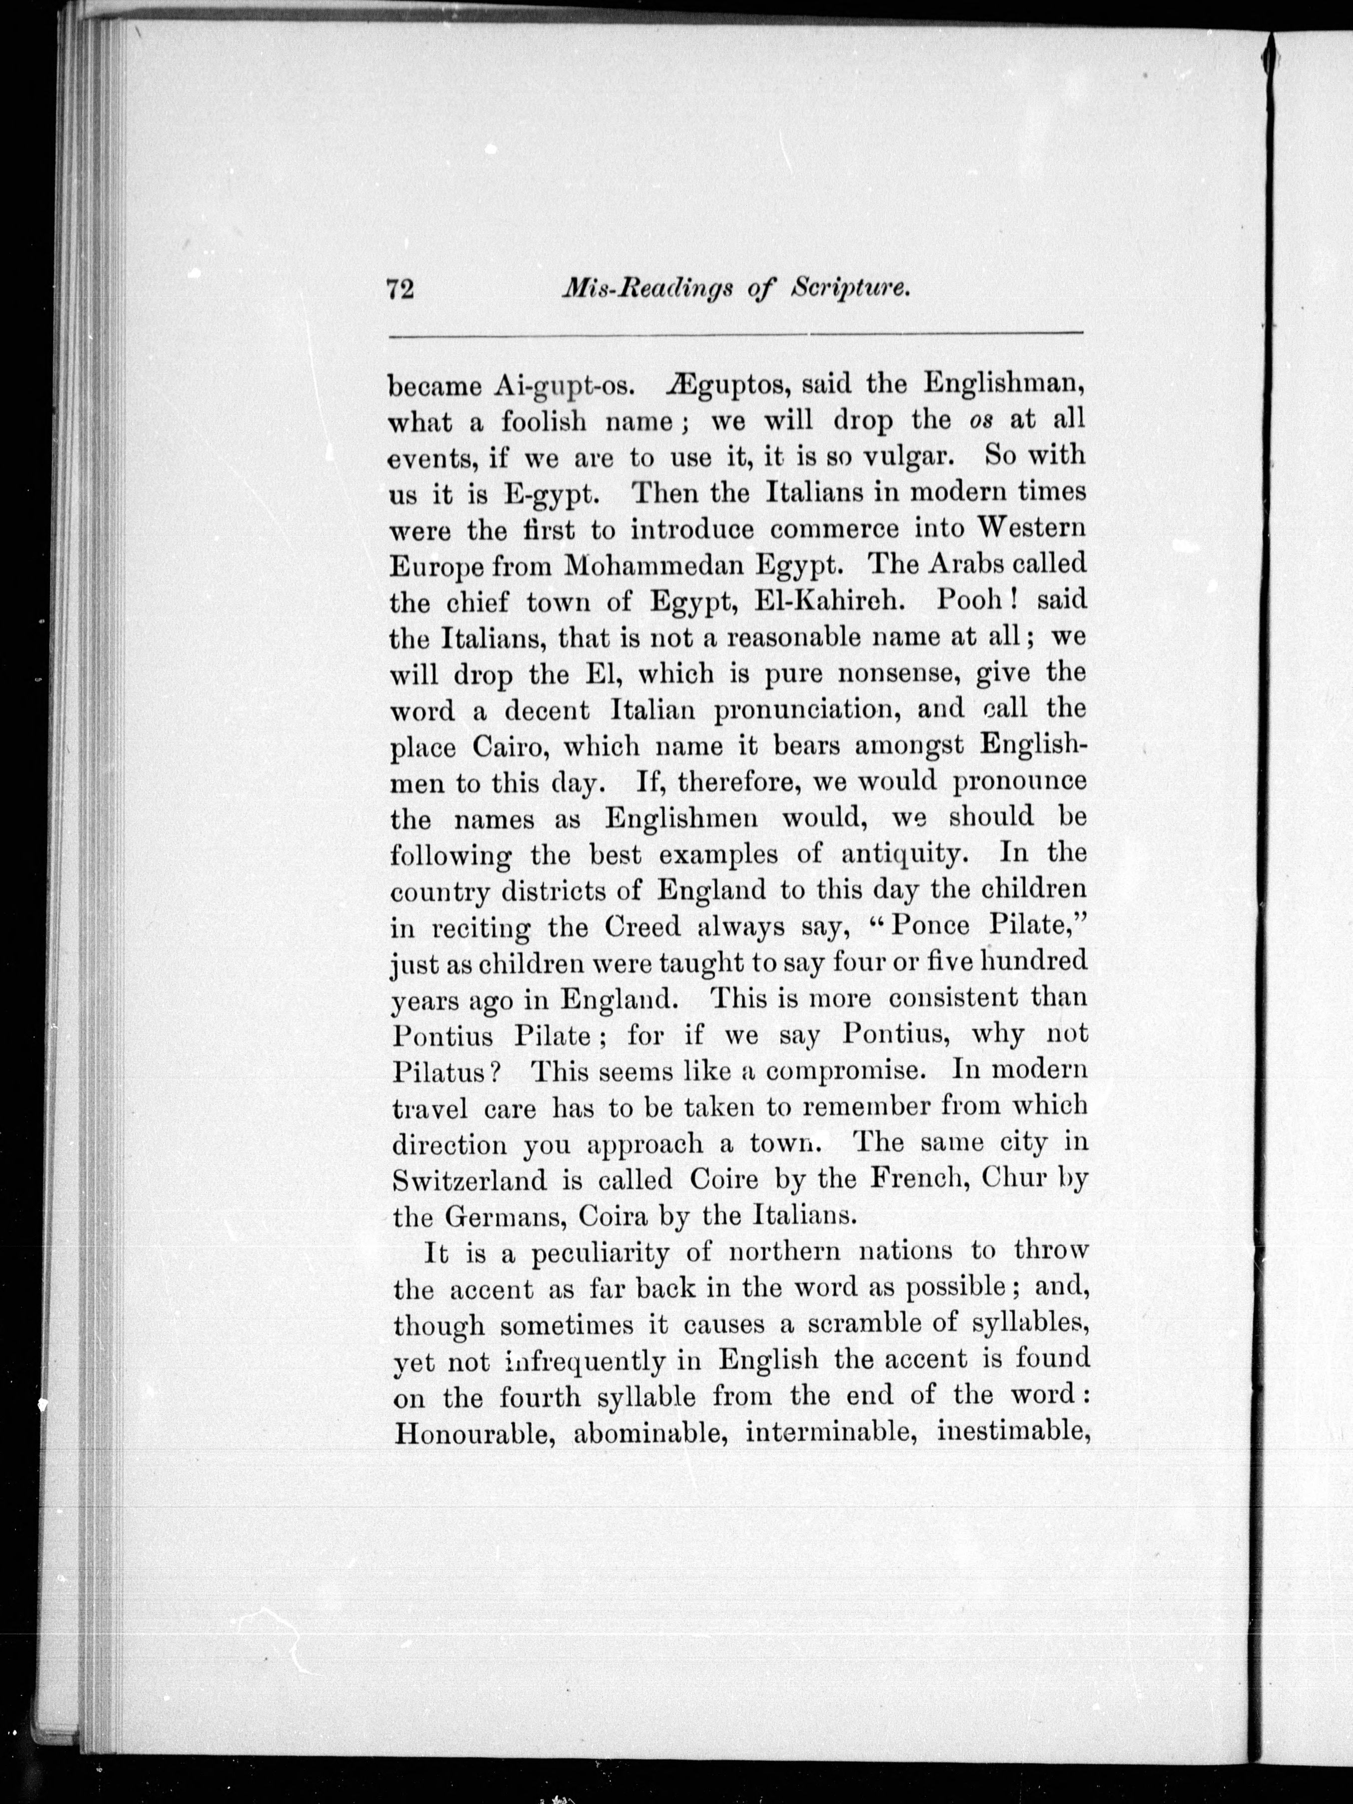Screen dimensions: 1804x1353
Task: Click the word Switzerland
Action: tap(470, 1179)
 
